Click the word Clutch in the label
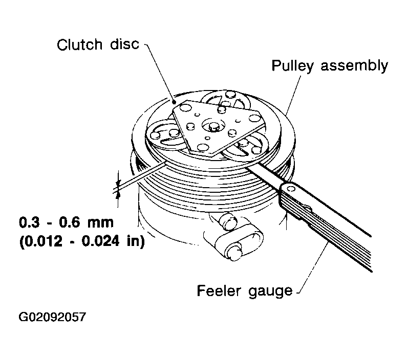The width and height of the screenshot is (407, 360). [x=80, y=44]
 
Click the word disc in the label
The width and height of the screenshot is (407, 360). [x=125, y=44]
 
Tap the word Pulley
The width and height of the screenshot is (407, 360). [x=292, y=66]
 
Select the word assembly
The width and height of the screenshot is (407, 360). [x=354, y=66]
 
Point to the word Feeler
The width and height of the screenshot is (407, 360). [x=219, y=290]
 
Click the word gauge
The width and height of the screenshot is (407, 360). [x=270, y=292]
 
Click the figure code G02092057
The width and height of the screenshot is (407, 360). [x=52, y=317]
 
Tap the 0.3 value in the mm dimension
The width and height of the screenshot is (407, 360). [x=30, y=222]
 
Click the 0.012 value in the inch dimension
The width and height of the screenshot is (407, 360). [x=42, y=241]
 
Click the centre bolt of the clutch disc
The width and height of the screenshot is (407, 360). [x=213, y=126]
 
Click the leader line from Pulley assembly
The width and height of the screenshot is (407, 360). [x=293, y=95]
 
